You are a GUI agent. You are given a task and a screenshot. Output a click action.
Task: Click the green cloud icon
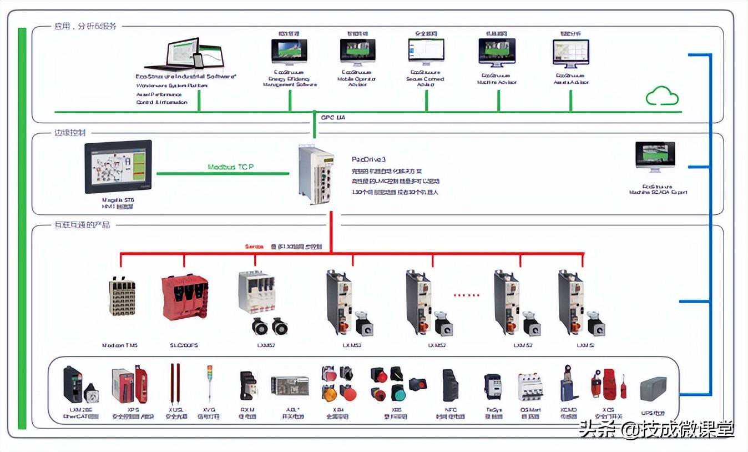click(662, 96)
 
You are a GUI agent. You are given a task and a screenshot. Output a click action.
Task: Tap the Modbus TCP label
click(231, 167)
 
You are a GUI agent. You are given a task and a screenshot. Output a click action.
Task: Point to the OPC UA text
click(333, 118)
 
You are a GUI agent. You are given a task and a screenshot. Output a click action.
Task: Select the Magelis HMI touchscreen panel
click(118, 166)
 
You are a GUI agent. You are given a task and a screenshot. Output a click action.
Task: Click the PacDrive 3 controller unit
click(317, 174)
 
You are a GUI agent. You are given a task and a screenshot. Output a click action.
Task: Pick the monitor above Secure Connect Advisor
click(427, 52)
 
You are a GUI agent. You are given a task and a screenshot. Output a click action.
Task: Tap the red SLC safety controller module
click(184, 298)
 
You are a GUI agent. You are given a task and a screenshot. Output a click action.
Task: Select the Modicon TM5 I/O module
click(122, 298)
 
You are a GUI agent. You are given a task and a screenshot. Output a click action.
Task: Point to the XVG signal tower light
click(209, 383)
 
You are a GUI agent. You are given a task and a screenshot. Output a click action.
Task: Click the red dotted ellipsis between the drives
click(466, 295)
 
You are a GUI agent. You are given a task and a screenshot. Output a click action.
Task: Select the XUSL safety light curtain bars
click(174, 384)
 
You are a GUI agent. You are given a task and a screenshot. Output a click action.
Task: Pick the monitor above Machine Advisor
click(497, 52)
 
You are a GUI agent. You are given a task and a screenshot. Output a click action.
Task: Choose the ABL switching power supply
click(290, 385)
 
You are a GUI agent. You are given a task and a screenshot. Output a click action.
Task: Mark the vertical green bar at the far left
click(22, 228)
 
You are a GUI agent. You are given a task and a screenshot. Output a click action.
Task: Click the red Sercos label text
click(255, 246)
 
